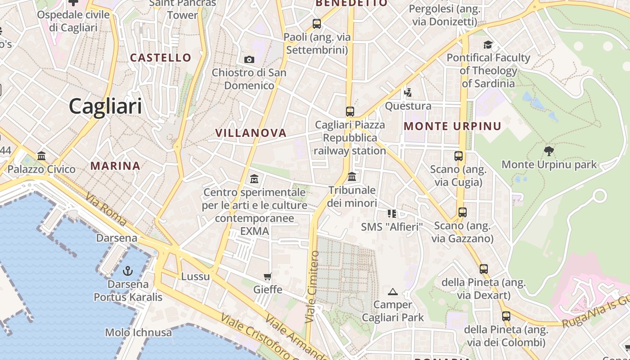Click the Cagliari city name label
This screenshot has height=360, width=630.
click(105, 107)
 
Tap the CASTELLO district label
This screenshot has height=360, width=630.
click(161, 58)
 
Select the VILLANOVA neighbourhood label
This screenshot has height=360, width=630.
click(251, 133)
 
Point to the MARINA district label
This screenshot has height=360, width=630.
click(115, 166)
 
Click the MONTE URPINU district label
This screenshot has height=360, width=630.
click(452, 126)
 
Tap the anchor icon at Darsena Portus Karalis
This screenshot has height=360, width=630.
click(128, 271)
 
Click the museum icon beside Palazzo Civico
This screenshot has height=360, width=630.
click(42, 156)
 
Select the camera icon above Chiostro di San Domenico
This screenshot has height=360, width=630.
click(249, 59)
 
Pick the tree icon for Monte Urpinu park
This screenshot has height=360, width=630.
click(549, 151)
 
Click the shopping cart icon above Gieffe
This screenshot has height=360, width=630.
click(268, 276)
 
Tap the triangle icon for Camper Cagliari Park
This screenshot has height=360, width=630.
click(393, 292)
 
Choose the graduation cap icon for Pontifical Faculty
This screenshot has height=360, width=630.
click(488, 45)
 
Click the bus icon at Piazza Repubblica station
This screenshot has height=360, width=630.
click(350, 111)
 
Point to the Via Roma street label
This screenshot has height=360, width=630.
click(106, 209)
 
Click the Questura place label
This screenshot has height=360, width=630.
click(408, 106)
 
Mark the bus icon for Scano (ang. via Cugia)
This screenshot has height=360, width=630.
click(459, 156)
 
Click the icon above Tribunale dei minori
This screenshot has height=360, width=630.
click(352, 176)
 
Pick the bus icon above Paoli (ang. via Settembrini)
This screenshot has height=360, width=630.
click(317, 24)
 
